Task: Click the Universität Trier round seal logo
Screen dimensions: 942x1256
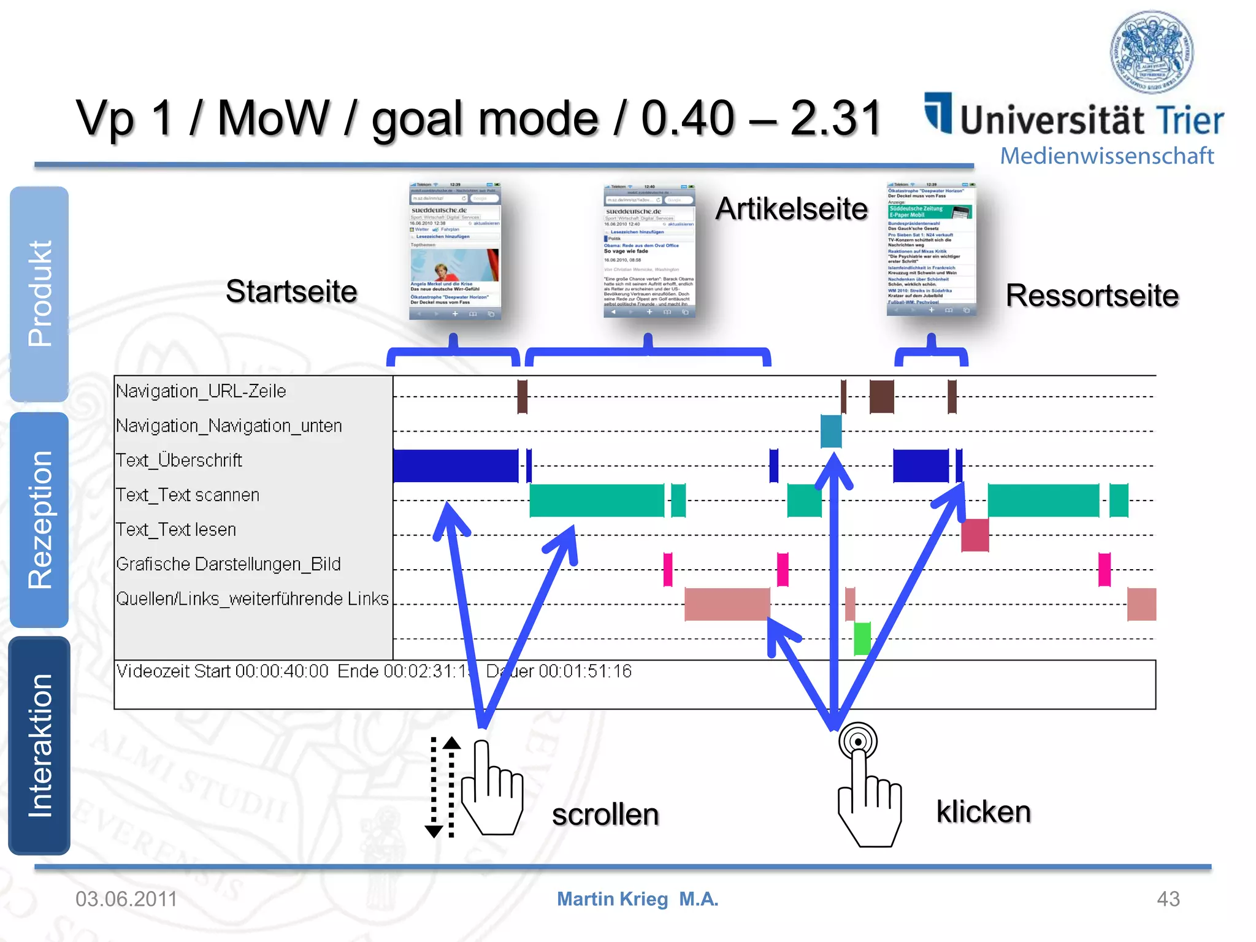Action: coord(1152,52)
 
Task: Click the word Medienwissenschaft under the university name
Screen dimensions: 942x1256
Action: coord(1106,156)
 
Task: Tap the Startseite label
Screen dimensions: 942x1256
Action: coord(291,291)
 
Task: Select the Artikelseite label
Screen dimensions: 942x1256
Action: coord(791,209)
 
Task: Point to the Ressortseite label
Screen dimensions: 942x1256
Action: coord(1092,296)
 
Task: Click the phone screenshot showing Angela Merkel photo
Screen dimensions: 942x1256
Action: coord(454,251)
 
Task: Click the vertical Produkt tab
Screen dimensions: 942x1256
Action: coord(40,294)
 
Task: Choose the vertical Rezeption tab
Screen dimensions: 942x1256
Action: coord(40,519)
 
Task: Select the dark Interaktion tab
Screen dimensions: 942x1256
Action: coord(40,745)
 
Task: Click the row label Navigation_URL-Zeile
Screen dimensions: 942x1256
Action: coord(201,391)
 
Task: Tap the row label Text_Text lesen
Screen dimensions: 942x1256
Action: coord(176,529)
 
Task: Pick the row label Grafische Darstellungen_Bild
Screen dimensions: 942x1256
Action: coord(228,564)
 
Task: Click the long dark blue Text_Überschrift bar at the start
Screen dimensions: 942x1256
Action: coord(455,466)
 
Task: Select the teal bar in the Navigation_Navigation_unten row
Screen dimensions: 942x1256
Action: coord(830,431)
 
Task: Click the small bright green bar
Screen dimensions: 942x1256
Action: coord(862,638)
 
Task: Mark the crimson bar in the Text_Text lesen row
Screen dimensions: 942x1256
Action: coord(975,535)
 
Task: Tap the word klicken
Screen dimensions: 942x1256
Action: coord(983,812)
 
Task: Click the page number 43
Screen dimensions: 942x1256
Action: coord(1168,899)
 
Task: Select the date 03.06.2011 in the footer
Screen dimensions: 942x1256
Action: coord(126,899)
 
